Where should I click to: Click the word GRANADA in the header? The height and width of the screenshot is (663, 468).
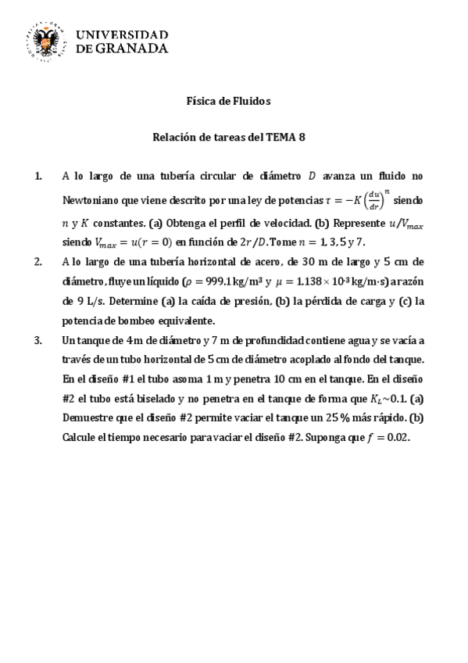pos(132,48)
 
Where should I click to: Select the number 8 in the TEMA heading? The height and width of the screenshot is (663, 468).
pos(302,137)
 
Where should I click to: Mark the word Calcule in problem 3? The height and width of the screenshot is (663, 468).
pos(81,438)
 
